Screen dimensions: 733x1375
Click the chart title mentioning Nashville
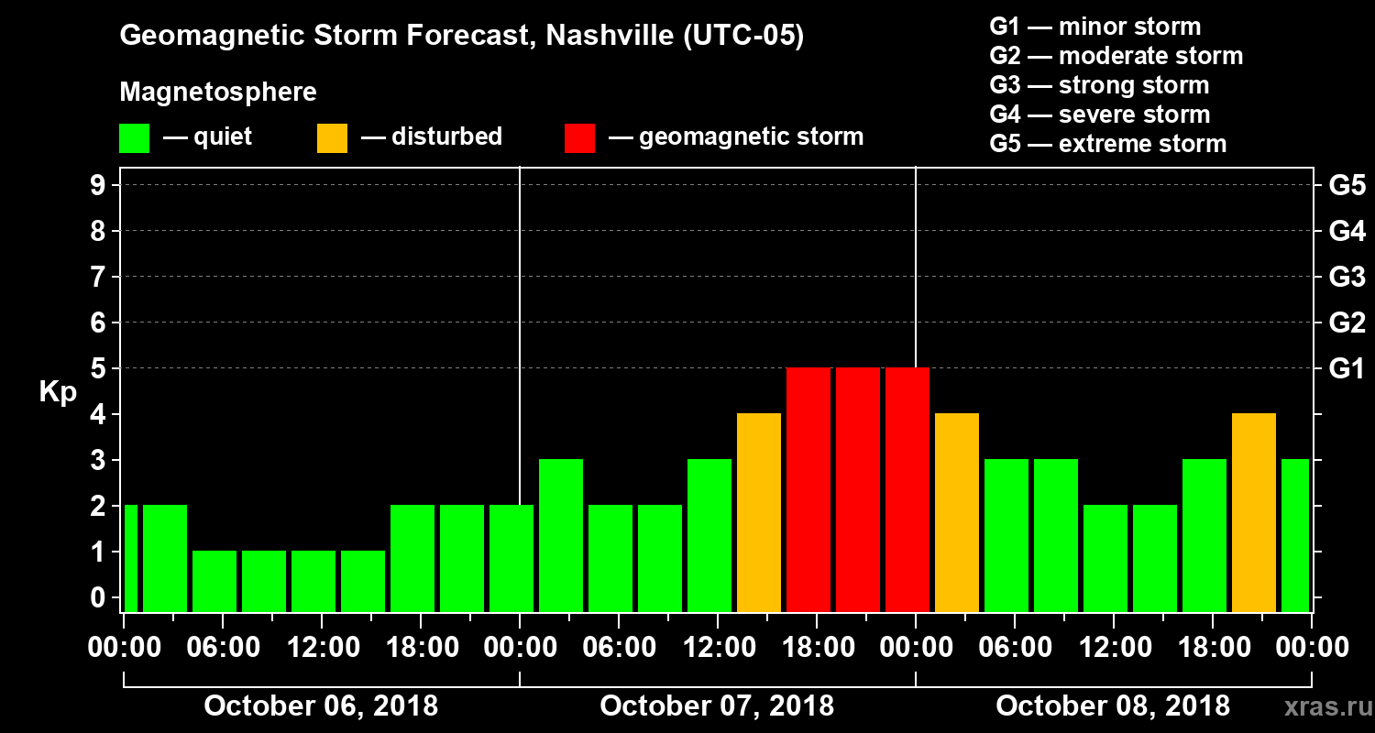point(461,36)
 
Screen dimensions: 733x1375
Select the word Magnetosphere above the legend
point(218,93)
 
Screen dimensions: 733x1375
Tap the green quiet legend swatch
point(134,138)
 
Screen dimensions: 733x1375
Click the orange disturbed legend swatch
point(332,138)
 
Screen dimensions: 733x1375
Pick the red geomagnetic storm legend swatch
point(579,138)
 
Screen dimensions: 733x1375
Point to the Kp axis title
point(58,391)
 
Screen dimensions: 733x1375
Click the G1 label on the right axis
point(1347,368)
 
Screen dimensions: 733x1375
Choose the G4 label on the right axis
point(1347,231)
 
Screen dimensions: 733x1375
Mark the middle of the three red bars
point(857,488)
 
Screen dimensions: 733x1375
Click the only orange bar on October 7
point(758,511)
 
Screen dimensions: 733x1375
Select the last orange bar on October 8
point(1253,511)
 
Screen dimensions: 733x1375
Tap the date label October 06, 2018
point(321,706)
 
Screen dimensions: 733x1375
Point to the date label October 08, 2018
point(1113,706)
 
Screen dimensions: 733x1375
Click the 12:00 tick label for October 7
point(718,647)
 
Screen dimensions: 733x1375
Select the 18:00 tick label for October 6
point(421,647)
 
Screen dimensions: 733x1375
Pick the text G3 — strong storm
point(1099,85)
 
